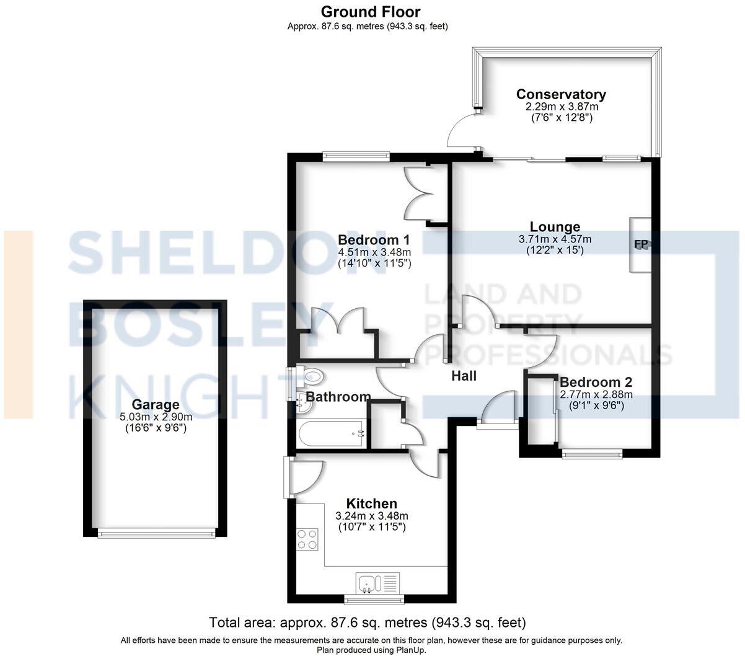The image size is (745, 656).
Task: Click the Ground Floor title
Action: coord(370,12)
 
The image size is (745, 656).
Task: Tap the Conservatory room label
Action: coord(561,94)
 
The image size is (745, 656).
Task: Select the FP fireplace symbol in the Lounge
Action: coord(641,244)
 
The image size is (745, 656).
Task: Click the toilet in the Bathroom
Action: coord(312,376)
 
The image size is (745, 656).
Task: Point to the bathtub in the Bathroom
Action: coord(332,435)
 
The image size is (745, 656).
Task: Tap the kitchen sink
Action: coord(369,583)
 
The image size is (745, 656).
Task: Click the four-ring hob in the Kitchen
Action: coord(307,538)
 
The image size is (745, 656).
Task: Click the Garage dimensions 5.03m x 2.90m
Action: coord(155,417)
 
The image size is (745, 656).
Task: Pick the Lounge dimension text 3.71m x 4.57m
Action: coord(555,239)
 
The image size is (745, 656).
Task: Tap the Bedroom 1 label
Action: coord(374,240)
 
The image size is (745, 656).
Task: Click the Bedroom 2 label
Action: coord(596,382)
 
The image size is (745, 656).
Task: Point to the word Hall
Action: coord(464,376)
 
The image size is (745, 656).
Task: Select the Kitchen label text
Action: coord(371,503)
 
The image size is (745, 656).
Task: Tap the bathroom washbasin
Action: coord(304,404)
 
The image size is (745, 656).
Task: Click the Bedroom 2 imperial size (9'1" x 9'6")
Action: coord(596,406)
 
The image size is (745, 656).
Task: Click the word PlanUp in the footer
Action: coord(408,650)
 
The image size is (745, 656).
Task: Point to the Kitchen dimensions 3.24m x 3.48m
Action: coord(371,516)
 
